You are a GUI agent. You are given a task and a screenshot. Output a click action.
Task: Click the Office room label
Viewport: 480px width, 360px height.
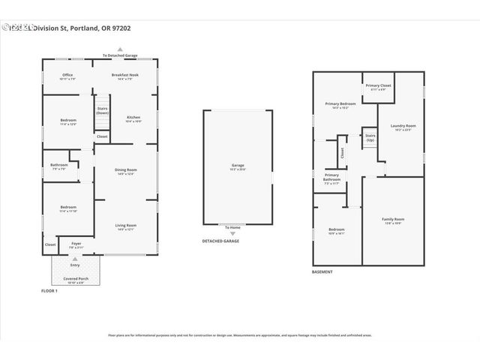click(x=67, y=75)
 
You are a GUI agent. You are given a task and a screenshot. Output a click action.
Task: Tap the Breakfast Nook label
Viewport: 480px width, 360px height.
click(x=125, y=75)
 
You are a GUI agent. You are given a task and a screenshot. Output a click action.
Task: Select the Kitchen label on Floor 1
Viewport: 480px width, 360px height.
click(x=133, y=118)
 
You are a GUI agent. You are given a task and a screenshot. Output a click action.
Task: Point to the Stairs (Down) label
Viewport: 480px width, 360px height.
click(x=102, y=110)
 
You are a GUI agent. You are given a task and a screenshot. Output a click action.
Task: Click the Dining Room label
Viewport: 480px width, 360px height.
click(x=125, y=169)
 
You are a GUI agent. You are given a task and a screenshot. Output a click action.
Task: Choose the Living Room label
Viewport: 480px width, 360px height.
click(x=125, y=225)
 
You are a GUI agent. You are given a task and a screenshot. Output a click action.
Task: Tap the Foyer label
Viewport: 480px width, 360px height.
click(x=76, y=244)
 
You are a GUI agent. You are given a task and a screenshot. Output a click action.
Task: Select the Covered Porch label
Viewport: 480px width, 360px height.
click(x=76, y=279)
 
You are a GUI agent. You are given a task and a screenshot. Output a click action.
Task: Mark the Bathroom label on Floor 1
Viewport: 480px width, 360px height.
click(x=59, y=165)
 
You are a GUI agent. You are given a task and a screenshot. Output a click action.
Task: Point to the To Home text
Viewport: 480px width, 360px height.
click(x=233, y=226)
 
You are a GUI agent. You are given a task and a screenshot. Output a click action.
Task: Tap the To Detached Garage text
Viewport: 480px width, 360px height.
click(x=119, y=55)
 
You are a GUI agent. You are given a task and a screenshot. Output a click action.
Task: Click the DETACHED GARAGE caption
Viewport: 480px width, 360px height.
click(x=221, y=241)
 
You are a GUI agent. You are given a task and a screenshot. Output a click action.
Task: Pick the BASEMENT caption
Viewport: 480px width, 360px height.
click(x=322, y=271)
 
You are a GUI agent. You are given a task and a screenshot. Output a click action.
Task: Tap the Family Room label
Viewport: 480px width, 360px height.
click(x=393, y=219)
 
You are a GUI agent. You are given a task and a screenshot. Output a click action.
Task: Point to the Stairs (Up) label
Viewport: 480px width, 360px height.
click(x=370, y=138)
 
